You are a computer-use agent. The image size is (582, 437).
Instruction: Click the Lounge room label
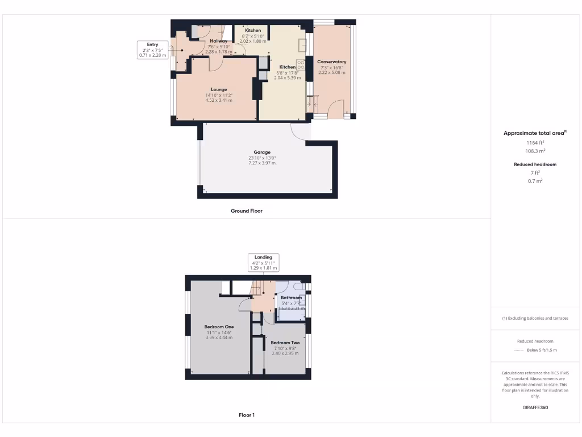[219, 89]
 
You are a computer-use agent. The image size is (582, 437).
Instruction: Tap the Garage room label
[261, 152]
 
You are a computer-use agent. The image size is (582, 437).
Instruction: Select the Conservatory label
[331, 61]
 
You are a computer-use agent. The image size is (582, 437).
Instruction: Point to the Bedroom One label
[219, 327]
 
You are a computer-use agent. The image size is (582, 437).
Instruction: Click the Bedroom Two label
[285, 343]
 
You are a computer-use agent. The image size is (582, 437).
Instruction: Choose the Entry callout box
[152, 50]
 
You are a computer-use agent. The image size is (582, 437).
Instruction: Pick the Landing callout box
[263, 262]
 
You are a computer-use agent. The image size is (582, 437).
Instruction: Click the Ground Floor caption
[246, 211]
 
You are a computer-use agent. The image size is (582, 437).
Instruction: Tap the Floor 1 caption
[246, 415]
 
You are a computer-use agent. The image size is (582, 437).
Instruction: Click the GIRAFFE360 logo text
[535, 407]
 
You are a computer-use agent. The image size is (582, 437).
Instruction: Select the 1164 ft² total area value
[535, 143]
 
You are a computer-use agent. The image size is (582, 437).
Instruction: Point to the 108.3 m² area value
[535, 151]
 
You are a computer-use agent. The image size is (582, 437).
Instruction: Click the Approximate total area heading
[535, 133]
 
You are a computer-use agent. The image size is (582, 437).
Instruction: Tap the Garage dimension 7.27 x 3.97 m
[261, 163]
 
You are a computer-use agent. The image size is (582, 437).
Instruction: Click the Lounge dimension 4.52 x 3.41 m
[219, 100]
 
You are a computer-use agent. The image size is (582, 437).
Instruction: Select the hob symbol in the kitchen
[300, 65]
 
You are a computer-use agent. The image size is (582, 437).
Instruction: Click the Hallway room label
[219, 41]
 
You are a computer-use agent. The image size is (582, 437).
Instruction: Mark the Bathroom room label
[291, 298]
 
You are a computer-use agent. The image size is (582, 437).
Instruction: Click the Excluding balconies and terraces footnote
[535, 318]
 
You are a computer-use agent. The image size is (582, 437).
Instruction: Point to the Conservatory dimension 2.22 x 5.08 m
[331, 72]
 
